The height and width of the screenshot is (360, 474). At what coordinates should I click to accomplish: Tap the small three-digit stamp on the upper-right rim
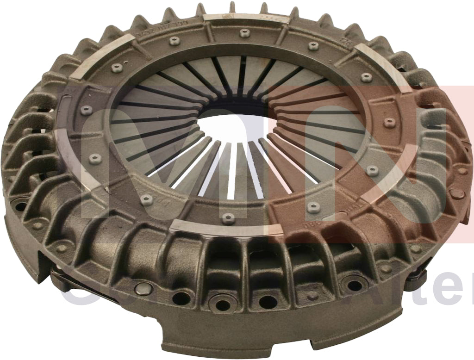(356, 43)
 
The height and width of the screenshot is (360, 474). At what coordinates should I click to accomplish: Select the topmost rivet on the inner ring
(245, 33)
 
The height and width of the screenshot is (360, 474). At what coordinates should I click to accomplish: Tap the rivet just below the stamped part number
(175, 41)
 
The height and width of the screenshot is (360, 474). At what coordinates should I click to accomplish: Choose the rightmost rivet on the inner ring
(389, 123)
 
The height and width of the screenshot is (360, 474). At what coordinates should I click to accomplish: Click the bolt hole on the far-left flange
(19, 203)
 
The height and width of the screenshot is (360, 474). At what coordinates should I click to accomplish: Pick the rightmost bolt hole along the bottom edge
(354, 283)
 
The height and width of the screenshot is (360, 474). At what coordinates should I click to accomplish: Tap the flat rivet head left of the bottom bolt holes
(144, 289)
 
